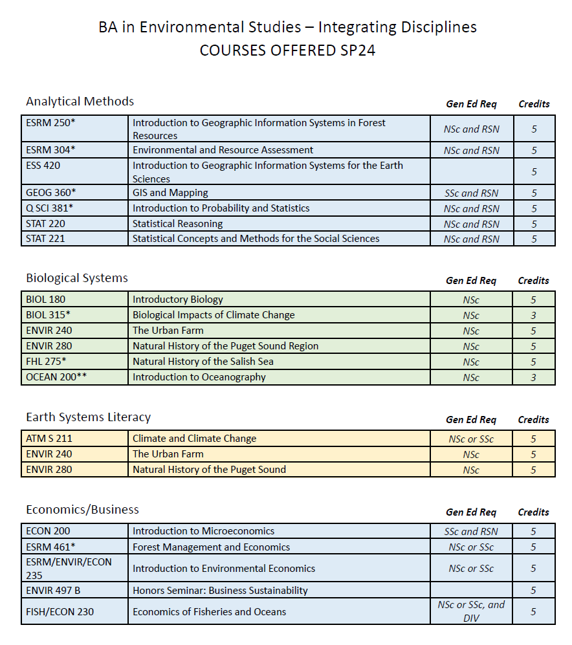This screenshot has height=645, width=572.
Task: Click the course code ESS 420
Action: [x=44, y=166]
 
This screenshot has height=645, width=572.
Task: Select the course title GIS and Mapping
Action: [x=170, y=193]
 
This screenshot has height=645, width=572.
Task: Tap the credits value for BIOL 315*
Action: [x=534, y=315]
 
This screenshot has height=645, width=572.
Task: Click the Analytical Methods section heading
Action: [x=80, y=102]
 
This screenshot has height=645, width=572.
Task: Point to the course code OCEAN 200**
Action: [x=56, y=377]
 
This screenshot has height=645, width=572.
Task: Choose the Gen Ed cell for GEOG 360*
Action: [x=471, y=193]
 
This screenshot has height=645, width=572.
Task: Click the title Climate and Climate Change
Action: [x=194, y=439]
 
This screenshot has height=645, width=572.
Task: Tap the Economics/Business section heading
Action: [x=83, y=510]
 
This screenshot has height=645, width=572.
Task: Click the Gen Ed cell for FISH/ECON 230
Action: [x=471, y=611]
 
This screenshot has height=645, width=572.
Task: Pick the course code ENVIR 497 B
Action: [x=53, y=590]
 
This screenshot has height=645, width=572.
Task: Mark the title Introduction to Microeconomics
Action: [x=203, y=531]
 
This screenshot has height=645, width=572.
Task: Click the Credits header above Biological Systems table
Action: [x=533, y=281]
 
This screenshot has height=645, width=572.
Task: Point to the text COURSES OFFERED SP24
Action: [x=287, y=50]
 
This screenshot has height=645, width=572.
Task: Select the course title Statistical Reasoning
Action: [x=177, y=224]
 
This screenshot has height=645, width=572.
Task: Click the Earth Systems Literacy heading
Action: [x=88, y=417]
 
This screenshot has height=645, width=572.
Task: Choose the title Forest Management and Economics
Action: [x=211, y=547]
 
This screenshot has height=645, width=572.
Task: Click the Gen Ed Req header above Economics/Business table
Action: [x=471, y=512]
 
